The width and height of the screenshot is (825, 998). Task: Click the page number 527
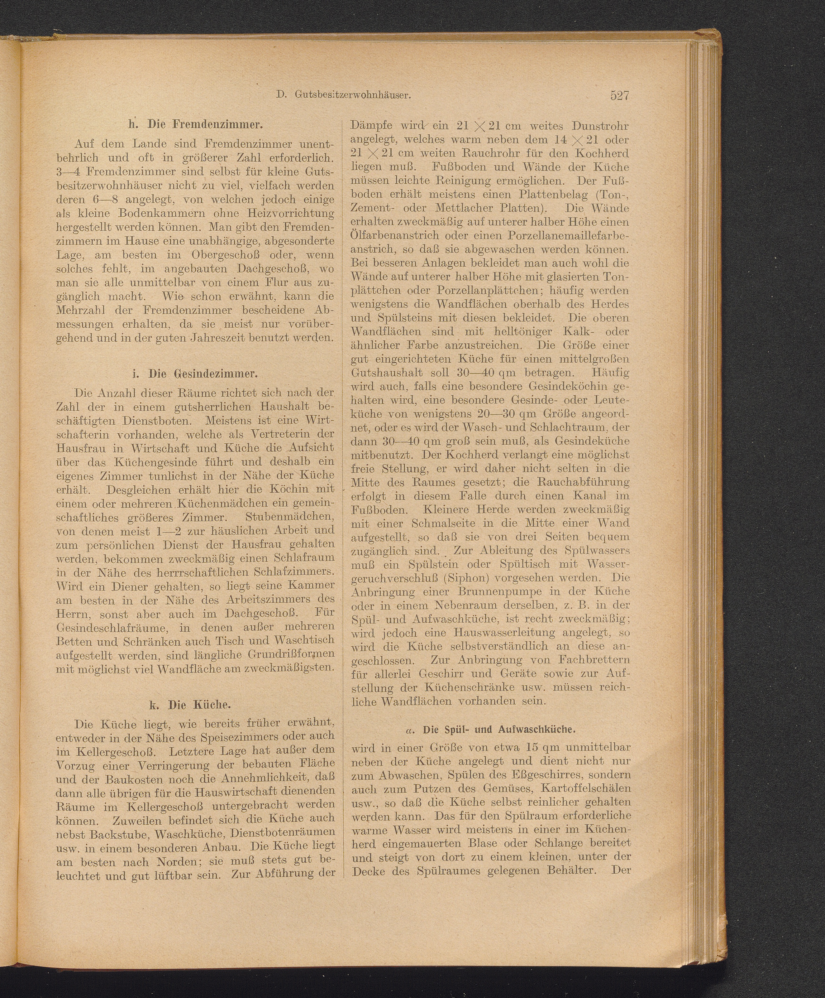619,95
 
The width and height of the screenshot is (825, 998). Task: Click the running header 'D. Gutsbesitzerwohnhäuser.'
343,95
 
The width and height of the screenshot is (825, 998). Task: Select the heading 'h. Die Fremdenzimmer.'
196,125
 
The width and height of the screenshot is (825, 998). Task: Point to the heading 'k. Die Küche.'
195,704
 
